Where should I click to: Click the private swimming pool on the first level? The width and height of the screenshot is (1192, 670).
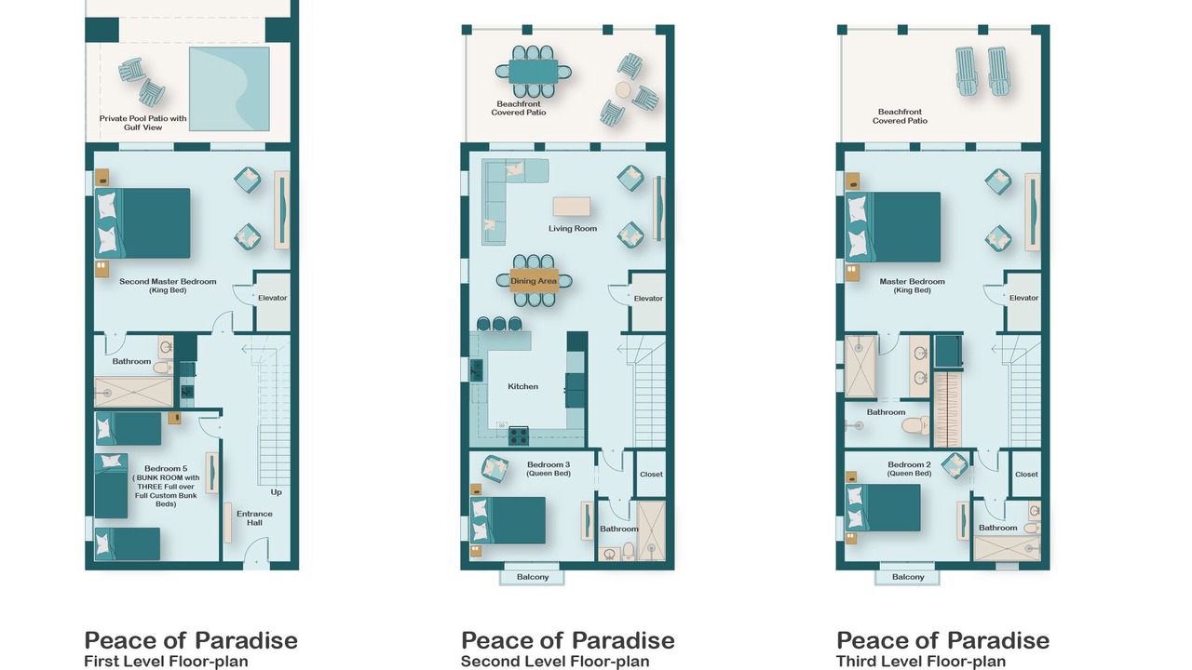229,88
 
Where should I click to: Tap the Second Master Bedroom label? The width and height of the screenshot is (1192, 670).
168,286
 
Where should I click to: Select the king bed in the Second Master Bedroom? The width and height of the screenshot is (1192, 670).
142,223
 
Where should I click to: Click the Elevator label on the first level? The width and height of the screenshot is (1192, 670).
273,298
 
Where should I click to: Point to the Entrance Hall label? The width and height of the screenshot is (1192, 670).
254,518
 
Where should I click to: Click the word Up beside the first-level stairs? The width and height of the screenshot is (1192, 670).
276,492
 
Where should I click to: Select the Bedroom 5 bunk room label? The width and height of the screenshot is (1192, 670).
166,486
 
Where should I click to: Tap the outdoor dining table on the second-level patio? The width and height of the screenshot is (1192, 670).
534,72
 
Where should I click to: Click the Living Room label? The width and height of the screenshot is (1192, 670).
573,228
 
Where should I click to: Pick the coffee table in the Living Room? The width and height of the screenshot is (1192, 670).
572,207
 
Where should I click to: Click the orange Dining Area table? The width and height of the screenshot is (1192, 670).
534,281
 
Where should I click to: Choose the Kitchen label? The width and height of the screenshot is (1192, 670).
522,386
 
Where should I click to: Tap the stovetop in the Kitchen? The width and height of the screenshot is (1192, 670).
518,436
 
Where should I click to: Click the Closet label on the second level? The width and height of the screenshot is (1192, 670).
651,475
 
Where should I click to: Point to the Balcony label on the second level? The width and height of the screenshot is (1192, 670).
532,577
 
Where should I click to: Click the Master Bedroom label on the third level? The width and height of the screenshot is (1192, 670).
912,286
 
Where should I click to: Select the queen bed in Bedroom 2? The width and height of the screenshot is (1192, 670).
883,508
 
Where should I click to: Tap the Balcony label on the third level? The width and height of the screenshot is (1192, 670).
908,577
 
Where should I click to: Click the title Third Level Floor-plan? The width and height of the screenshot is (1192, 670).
921,662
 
